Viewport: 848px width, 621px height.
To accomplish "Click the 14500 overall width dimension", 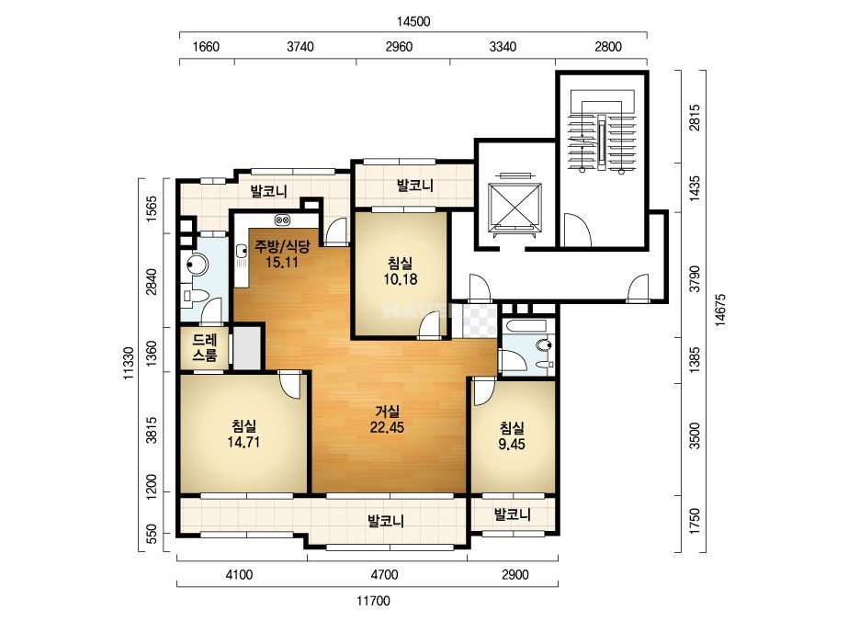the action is (x=413, y=22).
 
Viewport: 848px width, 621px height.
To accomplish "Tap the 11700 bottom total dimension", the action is (x=373, y=601).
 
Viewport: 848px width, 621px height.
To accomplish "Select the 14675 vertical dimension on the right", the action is (x=719, y=310).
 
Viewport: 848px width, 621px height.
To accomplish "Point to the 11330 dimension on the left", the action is (x=129, y=363).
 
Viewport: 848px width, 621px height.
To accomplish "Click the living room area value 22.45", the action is (x=387, y=427).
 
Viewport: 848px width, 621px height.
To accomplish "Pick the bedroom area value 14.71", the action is (x=243, y=442).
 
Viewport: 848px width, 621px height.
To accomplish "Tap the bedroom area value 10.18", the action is (x=401, y=279).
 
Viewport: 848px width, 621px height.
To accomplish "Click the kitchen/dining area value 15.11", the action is (x=282, y=263).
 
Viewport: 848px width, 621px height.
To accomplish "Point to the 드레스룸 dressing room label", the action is (x=205, y=347).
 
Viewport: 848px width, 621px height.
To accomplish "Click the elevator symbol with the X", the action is (x=514, y=204).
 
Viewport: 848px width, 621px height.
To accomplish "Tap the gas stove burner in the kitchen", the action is (x=282, y=220).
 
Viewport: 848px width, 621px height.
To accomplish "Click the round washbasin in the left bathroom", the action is (x=197, y=265).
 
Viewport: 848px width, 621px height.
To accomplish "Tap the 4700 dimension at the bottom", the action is (x=384, y=574).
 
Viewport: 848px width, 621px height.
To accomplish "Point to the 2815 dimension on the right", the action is (x=695, y=117).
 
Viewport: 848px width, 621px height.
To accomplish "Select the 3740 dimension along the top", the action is (x=300, y=47).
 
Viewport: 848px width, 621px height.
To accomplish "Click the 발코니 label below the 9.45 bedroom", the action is (x=512, y=514).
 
